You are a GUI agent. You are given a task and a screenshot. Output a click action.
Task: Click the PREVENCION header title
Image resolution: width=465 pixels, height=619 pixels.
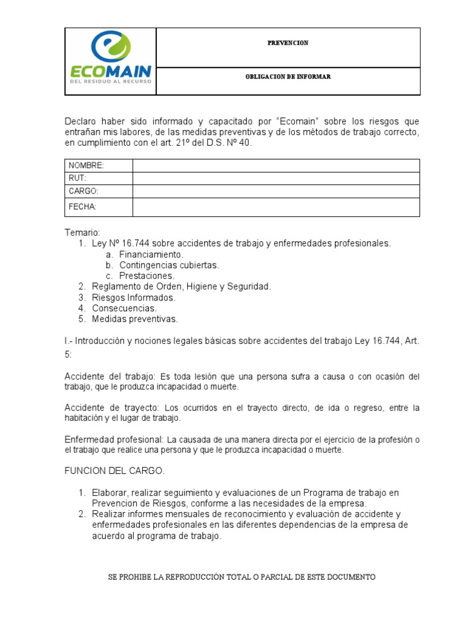(288, 43)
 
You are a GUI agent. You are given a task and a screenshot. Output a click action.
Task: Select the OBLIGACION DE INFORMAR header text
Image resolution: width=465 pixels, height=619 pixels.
(288, 77)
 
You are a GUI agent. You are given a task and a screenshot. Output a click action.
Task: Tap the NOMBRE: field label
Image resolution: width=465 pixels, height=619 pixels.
(86, 166)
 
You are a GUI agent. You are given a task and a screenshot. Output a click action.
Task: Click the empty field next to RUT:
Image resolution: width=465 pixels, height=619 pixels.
(275, 178)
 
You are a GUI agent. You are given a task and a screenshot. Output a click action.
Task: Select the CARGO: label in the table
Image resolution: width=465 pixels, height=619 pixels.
(84, 191)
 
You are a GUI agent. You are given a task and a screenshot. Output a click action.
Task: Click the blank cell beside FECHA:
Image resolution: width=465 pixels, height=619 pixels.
(275, 207)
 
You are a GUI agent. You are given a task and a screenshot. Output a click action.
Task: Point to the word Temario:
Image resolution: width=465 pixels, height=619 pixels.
(82, 233)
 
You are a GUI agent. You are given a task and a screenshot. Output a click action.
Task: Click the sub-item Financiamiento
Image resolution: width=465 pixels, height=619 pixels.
(151, 254)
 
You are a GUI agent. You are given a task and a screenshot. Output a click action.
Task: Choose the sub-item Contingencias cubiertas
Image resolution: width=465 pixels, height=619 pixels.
(169, 265)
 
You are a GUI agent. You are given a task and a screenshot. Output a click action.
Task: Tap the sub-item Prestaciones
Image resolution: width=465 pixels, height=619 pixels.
(147, 276)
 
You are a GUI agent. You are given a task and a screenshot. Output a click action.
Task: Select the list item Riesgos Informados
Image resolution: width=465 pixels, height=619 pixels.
(133, 297)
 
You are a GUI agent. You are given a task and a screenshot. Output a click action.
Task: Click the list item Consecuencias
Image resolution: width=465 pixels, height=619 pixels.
(124, 308)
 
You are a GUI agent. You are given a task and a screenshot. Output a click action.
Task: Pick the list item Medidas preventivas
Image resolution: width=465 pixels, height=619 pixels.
(134, 319)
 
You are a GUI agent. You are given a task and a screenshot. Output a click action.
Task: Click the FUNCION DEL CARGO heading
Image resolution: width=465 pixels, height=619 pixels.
(114, 471)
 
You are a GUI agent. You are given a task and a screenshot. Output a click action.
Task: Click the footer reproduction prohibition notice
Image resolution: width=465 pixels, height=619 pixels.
(242, 577)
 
